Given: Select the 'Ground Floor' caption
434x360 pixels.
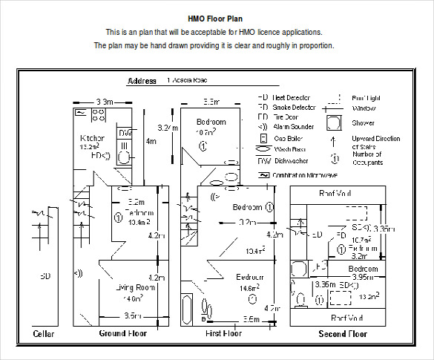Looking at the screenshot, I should tap(124, 334).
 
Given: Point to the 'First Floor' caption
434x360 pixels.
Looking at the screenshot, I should tap(223, 334).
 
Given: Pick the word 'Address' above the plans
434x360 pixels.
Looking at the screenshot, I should tap(142, 81).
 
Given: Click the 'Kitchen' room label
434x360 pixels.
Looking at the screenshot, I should tap(93, 138).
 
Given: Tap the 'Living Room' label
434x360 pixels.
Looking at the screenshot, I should tap(134, 287).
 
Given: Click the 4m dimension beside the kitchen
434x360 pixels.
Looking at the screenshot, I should tap(151, 140).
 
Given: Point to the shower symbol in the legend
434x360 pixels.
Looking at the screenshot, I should tap(335, 123).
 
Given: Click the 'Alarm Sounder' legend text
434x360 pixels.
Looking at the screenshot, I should tap(294, 127).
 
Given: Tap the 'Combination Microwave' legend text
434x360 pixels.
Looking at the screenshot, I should tap(305, 175).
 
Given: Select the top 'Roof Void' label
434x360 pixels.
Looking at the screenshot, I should tap(335, 193).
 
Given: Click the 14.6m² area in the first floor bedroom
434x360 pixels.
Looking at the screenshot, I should tap(249, 288).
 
